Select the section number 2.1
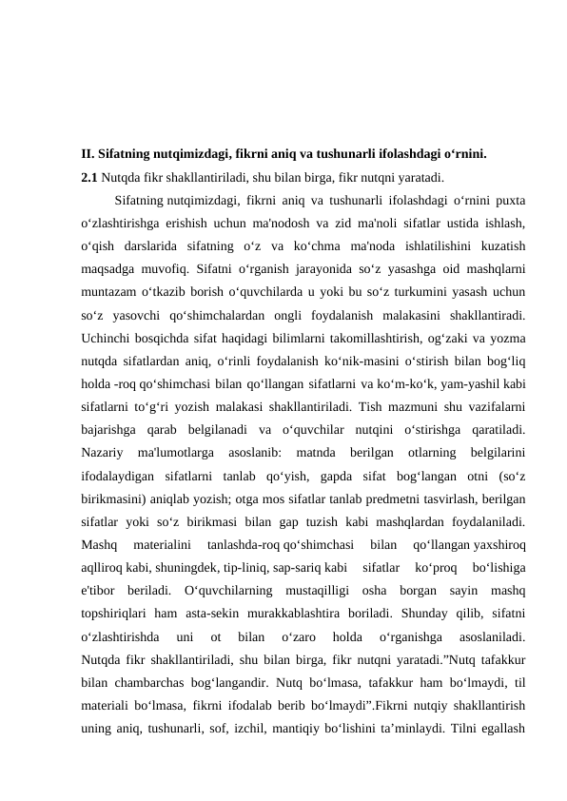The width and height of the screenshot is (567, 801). tap(89, 177)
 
